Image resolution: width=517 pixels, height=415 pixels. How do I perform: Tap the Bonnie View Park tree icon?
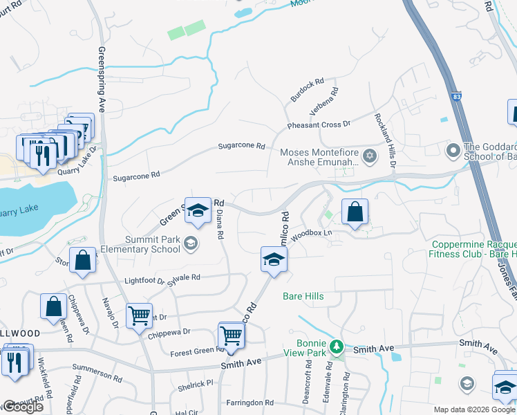337,345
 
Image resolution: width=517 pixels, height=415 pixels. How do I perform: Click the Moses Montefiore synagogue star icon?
370,155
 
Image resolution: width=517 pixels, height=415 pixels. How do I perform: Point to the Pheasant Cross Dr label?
319,125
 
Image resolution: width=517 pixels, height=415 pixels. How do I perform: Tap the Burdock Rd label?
307,91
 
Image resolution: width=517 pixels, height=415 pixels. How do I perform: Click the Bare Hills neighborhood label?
303,296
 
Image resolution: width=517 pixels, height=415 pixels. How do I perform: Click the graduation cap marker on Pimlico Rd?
274,260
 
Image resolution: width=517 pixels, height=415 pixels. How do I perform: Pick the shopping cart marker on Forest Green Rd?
232,337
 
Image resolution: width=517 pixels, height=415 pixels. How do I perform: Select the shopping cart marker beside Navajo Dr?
140,316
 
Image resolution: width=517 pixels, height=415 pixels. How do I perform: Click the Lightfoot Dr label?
144,281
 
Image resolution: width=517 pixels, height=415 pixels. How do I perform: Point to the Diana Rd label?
220,225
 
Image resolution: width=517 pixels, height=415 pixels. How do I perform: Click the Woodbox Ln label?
312,234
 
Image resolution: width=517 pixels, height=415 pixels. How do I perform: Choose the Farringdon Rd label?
250,403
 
